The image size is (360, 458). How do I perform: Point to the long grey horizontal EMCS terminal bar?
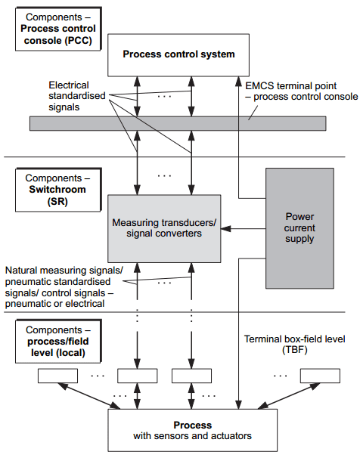(177, 123)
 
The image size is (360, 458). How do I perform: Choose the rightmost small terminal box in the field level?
(319, 376)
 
